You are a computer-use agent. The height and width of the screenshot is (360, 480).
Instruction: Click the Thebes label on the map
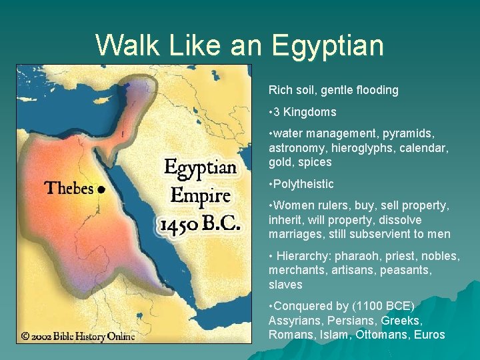(69, 188)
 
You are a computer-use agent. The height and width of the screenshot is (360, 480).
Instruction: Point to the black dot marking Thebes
(101, 189)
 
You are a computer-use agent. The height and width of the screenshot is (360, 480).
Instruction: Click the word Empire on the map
(200, 196)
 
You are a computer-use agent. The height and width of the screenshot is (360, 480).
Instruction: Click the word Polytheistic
(303, 184)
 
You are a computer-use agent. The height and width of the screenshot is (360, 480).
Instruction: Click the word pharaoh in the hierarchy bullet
(357, 256)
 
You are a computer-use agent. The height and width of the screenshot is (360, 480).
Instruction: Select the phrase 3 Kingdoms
(305, 112)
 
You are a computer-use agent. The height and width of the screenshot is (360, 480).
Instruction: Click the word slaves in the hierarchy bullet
(285, 285)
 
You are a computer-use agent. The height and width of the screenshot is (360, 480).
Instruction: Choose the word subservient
(391, 234)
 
